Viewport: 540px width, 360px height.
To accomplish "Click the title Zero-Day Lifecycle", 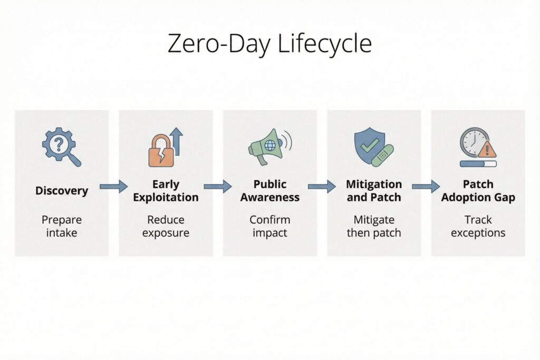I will (x=269, y=44).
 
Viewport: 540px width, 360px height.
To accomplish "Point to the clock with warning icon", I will (x=477, y=147).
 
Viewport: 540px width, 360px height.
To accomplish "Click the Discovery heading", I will (x=62, y=190).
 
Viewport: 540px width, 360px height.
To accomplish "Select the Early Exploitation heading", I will (x=166, y=191).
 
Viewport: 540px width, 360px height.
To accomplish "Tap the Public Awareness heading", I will (x=270, y=191).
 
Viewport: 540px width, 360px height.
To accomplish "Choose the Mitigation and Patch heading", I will (x=374, y=191).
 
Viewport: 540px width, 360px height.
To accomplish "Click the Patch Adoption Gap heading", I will (x=478, y=191).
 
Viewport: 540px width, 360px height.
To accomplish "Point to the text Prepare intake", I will (x=62, y=226).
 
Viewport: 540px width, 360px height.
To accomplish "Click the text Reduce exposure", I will (x=166, y=226).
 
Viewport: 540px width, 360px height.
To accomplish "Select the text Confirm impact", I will (x=270, y=226).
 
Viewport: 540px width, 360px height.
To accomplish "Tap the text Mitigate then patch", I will (x=374, y=226).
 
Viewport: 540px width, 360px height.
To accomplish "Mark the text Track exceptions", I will (x=478, y=226).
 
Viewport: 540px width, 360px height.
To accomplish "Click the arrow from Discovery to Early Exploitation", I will (x=113, y=186).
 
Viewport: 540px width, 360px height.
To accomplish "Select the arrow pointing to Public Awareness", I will (x=218, y=186).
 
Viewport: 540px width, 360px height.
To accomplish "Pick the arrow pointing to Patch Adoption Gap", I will (x=426, y=186).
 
